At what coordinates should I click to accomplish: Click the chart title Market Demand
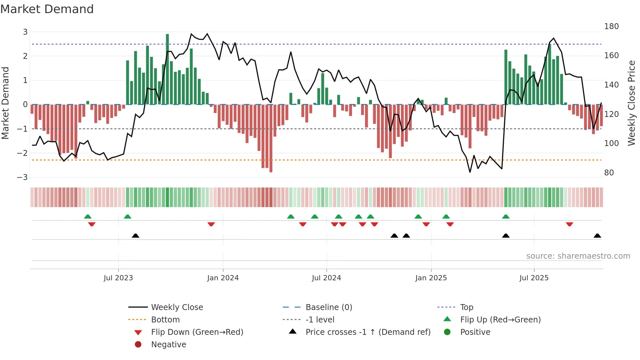47,9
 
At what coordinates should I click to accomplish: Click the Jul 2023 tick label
118,278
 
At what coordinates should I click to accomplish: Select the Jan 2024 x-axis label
223,278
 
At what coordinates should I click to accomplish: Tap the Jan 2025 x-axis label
431,278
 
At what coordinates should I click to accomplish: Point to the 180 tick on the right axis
611,26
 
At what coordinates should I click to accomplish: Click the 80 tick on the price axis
609,173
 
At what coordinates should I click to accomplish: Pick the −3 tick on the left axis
23,177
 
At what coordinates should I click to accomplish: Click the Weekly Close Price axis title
632,103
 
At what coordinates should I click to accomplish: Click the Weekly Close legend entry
177,307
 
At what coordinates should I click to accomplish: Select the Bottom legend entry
165,320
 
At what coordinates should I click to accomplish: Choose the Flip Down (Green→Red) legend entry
197,332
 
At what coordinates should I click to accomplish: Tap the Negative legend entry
168,345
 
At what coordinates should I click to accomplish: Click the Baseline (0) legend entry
328,307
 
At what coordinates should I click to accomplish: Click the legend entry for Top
467,307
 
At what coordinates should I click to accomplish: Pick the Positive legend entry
475,332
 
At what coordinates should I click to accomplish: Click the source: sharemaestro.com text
578,256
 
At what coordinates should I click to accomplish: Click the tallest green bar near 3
168,69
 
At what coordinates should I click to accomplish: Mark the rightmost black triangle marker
597,236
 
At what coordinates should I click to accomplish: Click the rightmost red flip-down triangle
569,224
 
